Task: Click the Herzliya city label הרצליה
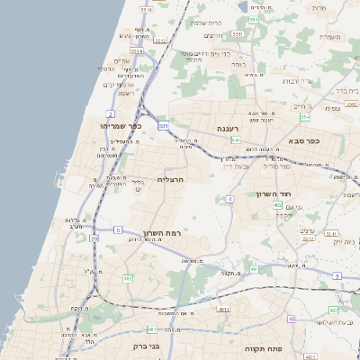coord(170,179)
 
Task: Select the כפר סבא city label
coord(306,140)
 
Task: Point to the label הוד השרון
coord(295,193)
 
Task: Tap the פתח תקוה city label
coord(264,346)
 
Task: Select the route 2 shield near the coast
coord(110,114)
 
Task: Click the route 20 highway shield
coord(94,238)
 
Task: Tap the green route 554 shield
coord(305,117)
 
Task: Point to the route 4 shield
coord(230,198)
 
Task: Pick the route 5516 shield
coord(147,9)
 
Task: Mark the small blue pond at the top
coord(245,6)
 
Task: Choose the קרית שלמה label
coord(207,22)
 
